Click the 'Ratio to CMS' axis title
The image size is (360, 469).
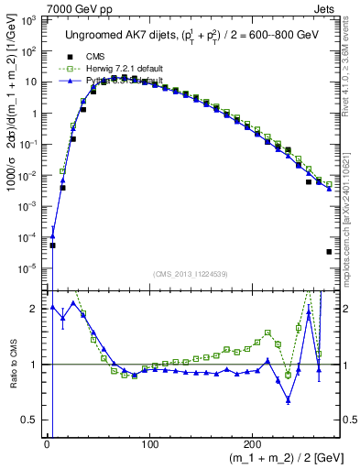tap(11, 364)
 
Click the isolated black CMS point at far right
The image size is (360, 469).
tap(329, 252)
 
